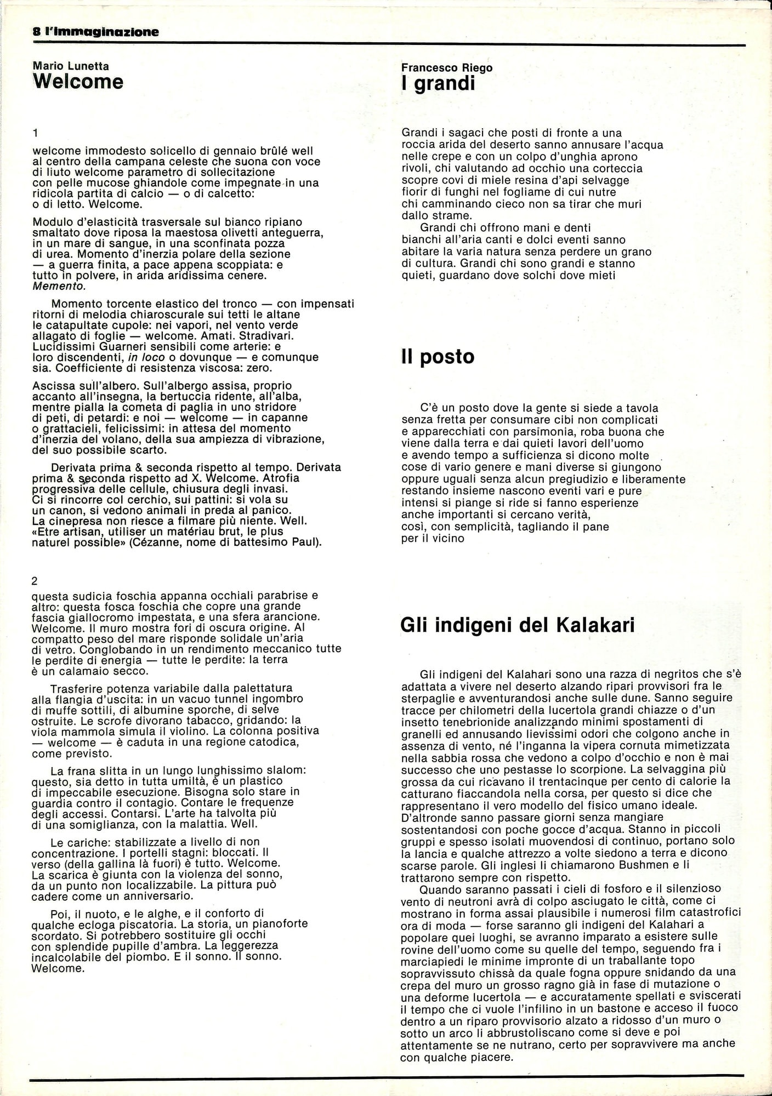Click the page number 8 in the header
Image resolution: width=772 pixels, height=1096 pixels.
point(36,32)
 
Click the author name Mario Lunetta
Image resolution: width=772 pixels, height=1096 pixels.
point(71,66)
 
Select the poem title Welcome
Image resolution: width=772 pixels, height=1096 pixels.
point(78,82)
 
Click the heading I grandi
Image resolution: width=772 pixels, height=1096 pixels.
point(438,84)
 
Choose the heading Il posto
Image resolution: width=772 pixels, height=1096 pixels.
point(438,357)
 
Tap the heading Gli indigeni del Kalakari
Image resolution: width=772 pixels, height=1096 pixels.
point(518,625)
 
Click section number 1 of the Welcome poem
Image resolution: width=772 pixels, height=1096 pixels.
point(36,133)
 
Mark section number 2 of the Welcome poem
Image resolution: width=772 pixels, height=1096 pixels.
point(36,580)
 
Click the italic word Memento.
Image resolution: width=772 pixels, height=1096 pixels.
point(59,286)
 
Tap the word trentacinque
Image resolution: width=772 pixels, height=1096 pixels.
point(607,781)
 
